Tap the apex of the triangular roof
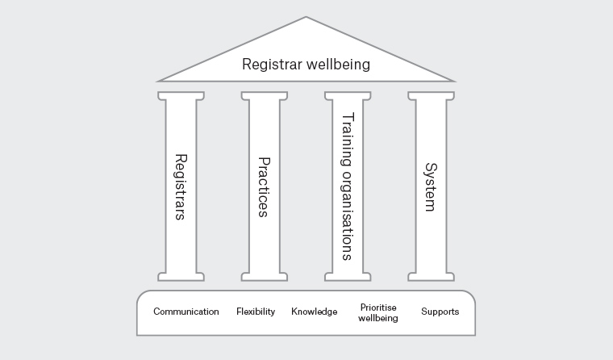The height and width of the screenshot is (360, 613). [x=306, y=18]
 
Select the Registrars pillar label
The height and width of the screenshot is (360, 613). [x=181, y=186]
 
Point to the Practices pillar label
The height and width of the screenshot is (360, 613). [x=264, y=186]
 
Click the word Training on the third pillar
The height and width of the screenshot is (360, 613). [x=348, y=139]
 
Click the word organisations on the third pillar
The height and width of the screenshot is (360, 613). [x=348, y=215]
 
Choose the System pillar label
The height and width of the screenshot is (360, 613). [x=431, y=186]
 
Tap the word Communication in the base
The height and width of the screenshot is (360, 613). [x=186, y=312]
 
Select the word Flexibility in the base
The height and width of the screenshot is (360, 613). [x=256, y=312]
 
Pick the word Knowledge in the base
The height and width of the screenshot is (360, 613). [x=315, y=312]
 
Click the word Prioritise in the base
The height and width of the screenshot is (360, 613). [x=378, y=308]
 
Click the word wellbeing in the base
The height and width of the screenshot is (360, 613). [x=378, y=318]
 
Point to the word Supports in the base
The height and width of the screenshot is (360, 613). [x=440, y=312]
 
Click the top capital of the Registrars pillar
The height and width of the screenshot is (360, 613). [x=181, y=95]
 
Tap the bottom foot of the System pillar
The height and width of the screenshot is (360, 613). [x=431, y=277]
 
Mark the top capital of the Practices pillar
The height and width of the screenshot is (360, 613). [x=264, y=95]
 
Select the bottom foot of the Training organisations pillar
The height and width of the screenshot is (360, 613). [x=348, y=277]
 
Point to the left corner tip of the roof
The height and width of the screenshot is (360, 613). [x=159, y=81]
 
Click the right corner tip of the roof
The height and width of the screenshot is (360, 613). [x=454, y=81]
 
